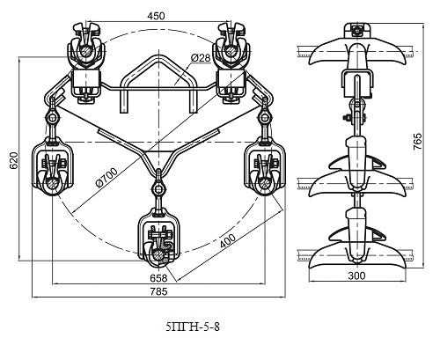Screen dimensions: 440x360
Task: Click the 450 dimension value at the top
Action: (156, 16)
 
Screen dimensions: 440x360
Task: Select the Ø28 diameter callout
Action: (201, 57)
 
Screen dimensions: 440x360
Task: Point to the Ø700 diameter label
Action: (106, 177)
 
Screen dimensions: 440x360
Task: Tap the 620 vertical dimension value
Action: (14, 161)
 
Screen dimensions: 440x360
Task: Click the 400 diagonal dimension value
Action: (227, 241)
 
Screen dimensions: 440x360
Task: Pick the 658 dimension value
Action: (158, 277)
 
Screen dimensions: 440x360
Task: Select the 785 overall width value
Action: (158, 291)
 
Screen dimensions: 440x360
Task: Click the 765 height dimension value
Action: (417, 142)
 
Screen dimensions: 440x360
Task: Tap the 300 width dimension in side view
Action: (356, 276)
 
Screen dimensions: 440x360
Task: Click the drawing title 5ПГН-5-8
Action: (193, 327)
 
